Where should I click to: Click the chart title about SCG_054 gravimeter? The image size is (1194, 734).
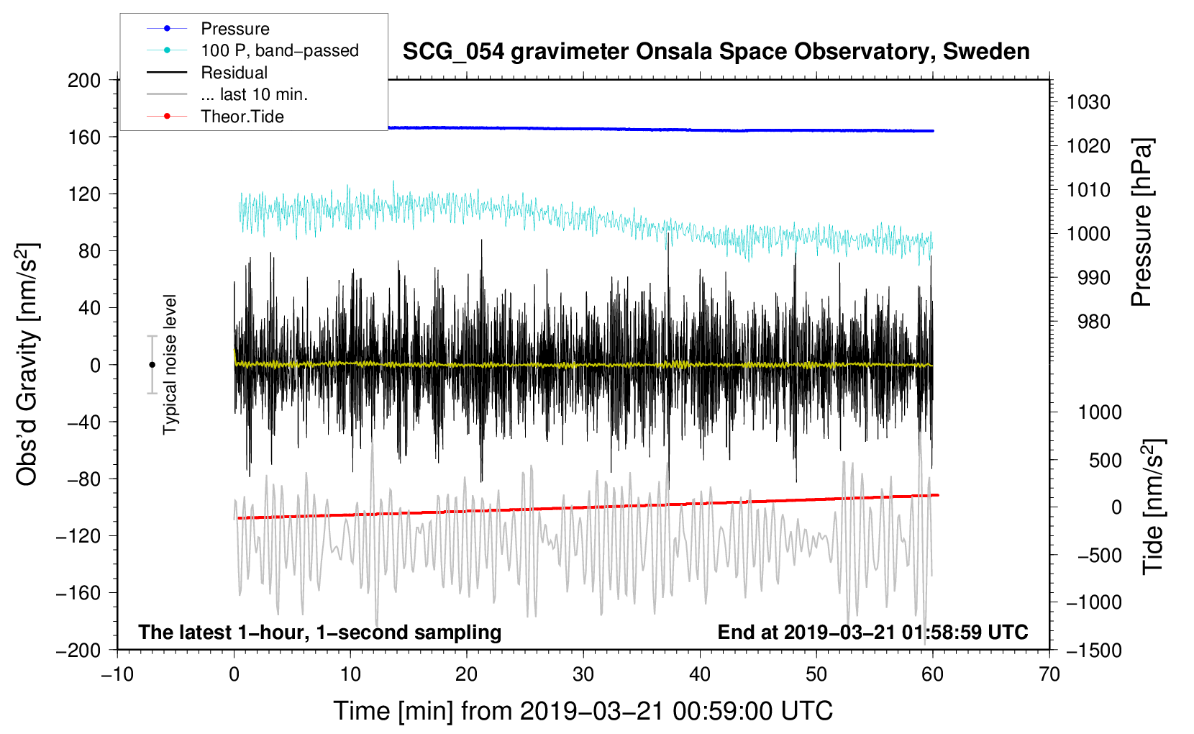(x=716, y=52)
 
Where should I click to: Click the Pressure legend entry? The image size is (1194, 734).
(x=234, y=29)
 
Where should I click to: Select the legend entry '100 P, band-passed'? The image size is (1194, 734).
(x=279, y=50)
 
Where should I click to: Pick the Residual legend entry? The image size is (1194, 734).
(x=234, y=73)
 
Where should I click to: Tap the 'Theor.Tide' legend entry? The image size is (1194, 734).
(x=242, y=117)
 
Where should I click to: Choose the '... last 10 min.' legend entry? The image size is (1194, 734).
(x=254, y=94)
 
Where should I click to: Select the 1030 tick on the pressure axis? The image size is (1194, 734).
(x=1088, y=102)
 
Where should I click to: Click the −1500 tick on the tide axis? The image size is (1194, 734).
(x=1093, y=650)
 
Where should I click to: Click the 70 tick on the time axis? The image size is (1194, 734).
(x=1049, y=674)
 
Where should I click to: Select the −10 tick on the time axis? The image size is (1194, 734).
(x=117, y=674)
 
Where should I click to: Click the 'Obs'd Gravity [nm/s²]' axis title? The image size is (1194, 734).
(x=27, y=364)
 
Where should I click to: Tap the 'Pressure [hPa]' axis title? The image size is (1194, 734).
(x=1141, y=223)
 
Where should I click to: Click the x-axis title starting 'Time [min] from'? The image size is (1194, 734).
(x=583, y=711)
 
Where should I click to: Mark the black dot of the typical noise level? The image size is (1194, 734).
(x=152, y=365)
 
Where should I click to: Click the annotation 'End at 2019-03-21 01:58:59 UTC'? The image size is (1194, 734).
(x=872, y=632)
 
